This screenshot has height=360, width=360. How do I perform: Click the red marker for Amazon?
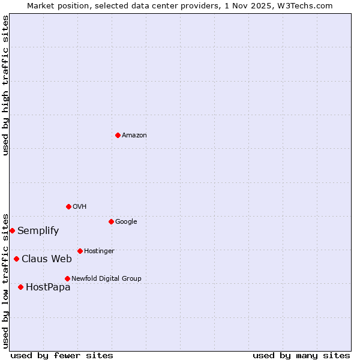click(x=118, y=135)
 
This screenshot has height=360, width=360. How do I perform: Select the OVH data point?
click(x=68, y=206)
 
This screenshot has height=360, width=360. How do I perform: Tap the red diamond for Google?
click(x=111, y=221)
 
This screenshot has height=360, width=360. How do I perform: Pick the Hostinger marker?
click(x=80, y=251)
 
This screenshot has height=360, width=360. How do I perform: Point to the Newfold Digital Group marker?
click(x=67, y=278)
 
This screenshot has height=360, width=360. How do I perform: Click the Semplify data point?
click(x=12, y=230)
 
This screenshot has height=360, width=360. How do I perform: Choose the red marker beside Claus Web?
click(x=16, y=259)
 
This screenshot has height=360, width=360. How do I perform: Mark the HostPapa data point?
click(x=20, y=287)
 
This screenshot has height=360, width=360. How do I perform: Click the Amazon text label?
click(x=134, y=136)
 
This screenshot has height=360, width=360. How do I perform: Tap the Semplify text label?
click(x=38, y=231)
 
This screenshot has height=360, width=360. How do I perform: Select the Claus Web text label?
click(x=47, y=259)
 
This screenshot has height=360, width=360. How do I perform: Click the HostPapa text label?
click(x=48, y=287)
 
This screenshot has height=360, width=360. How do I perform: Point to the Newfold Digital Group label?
click(x=106, y=278)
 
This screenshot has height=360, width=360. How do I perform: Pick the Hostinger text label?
click(x=99, y=251)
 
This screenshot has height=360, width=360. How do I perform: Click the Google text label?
click(x=126, y=222)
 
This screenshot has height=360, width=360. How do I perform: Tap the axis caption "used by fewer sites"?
click(x=62, y=355)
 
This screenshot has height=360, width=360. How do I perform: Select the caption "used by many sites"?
click(x=301, y=355)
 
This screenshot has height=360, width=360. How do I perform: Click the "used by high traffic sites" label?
click(x=6, y=85)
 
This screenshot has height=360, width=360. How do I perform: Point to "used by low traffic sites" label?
click(x=6, y=280)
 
